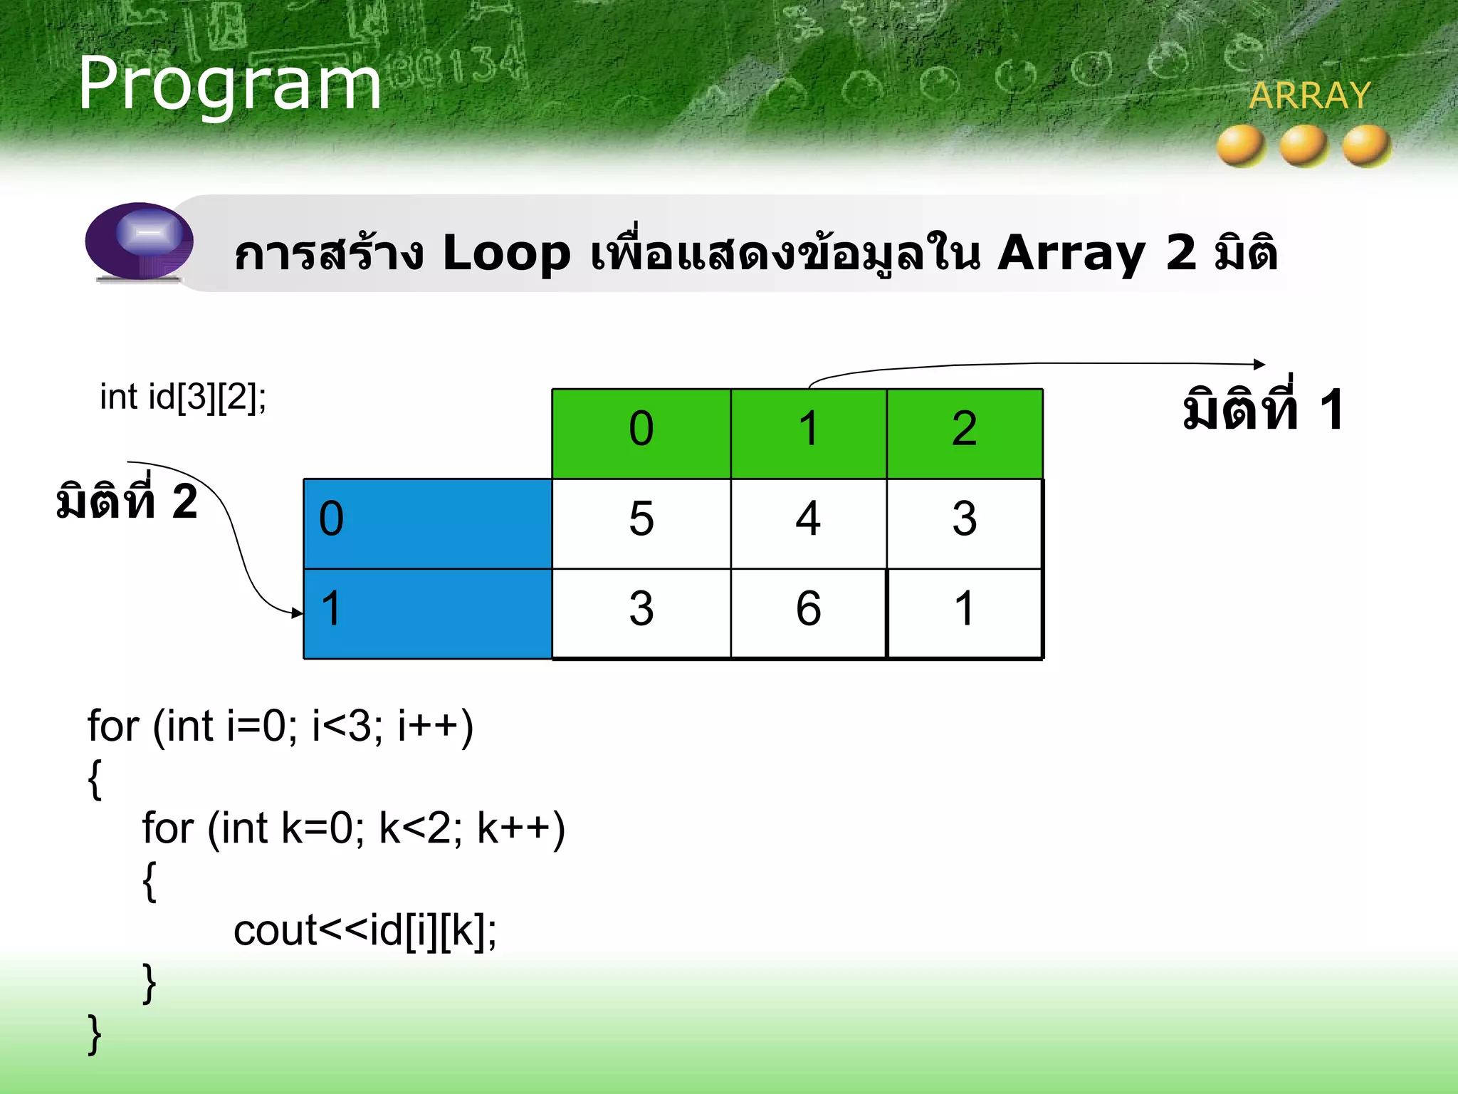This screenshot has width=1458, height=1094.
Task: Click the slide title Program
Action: [229, 84]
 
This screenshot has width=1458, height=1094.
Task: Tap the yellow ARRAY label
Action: [1309, 95]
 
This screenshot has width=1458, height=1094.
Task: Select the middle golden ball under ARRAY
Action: [1304, 146]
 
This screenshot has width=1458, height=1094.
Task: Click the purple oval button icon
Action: [140, 240]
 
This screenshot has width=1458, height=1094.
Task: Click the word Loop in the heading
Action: [506, 253]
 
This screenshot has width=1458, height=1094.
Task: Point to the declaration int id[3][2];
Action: [183, 397]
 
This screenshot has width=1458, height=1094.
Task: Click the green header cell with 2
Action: [964, 433]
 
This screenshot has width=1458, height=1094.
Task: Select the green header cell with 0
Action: [641, 433]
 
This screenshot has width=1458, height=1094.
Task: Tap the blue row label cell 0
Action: [427, 523]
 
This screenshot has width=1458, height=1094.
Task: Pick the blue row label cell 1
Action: [427, 613]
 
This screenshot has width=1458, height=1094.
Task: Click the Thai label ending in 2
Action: [127, 501]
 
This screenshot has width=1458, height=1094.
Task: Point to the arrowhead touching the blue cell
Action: [298, 613]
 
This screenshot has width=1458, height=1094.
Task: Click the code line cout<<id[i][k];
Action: [364, 930]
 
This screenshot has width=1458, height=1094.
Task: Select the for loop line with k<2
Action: [353, 828]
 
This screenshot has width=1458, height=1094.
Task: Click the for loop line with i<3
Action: [280, 726]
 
